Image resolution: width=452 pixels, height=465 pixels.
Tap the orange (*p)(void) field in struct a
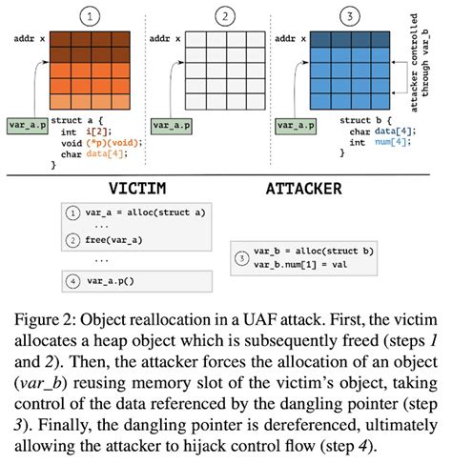pos(124,144)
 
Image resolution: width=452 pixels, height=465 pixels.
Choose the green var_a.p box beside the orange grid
pos(27,123)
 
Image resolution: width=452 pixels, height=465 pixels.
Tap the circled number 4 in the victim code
pos(72,282)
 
